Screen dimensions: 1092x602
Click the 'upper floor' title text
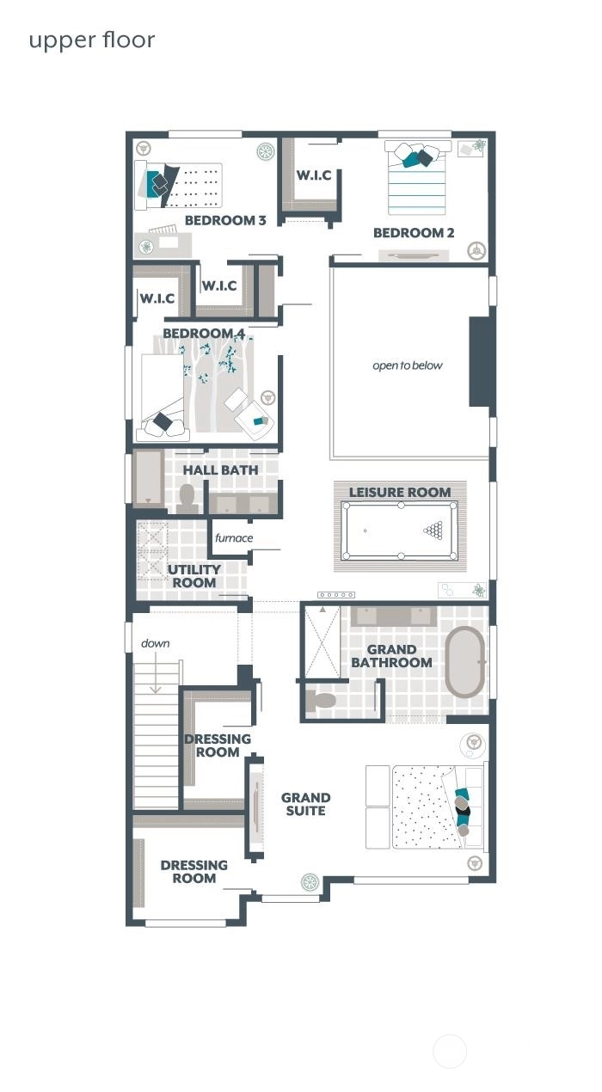92,40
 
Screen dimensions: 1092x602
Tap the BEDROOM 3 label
225,220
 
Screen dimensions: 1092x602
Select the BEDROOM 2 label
414,233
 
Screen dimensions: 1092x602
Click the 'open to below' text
408,365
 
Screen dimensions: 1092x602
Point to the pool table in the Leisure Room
400,531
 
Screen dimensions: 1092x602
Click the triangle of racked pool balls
436,531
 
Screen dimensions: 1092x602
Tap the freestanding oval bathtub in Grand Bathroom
464,662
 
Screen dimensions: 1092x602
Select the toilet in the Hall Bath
187,499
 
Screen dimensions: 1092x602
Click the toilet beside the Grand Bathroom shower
322,700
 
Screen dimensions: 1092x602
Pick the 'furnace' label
234,538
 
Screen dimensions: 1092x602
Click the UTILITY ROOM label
194,576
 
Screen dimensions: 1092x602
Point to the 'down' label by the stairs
156,643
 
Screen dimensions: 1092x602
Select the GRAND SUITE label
305,804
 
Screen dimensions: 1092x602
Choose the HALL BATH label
220,470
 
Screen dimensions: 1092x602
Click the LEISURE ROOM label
400,493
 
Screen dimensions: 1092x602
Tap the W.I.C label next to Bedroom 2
314,175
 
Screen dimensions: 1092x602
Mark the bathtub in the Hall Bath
150,479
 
